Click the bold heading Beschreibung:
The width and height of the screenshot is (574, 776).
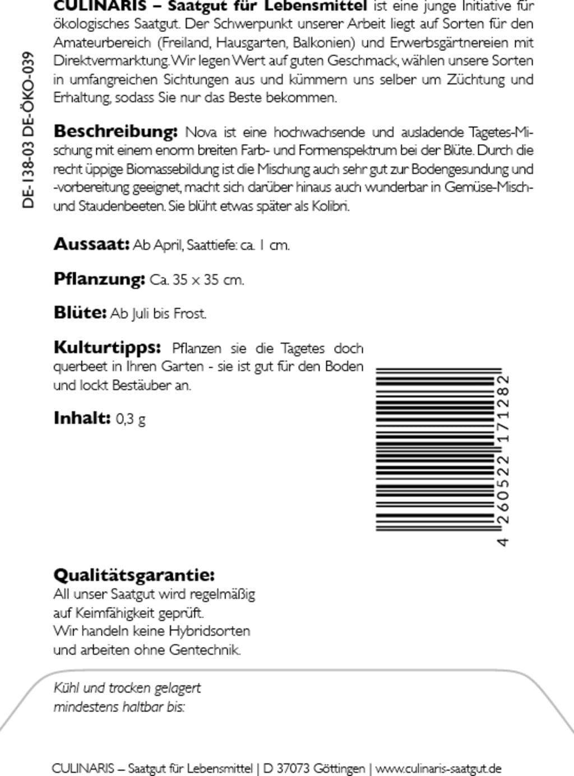(x=115, y=132)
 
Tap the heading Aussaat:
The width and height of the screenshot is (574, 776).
(x=91, y=244)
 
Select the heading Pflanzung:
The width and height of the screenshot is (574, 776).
(x=99, y=278)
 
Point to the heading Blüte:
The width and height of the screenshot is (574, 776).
(x=80, y=313)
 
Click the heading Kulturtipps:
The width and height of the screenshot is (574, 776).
(x=107, y=347)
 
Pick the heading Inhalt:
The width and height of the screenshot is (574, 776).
(x=82, y=418)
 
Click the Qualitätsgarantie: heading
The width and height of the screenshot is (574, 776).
(x=134, y=575)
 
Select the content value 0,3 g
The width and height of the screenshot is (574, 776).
(x=131, y=419)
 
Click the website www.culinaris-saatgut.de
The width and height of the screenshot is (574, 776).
(x=438, y=768)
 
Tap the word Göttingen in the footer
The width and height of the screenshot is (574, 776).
(x=339, y=768)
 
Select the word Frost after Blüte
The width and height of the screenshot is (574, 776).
(x=190, y=314)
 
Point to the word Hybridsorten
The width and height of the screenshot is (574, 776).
(x=209, y=631)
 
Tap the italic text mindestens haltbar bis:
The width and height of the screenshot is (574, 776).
(x=119, y=707)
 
